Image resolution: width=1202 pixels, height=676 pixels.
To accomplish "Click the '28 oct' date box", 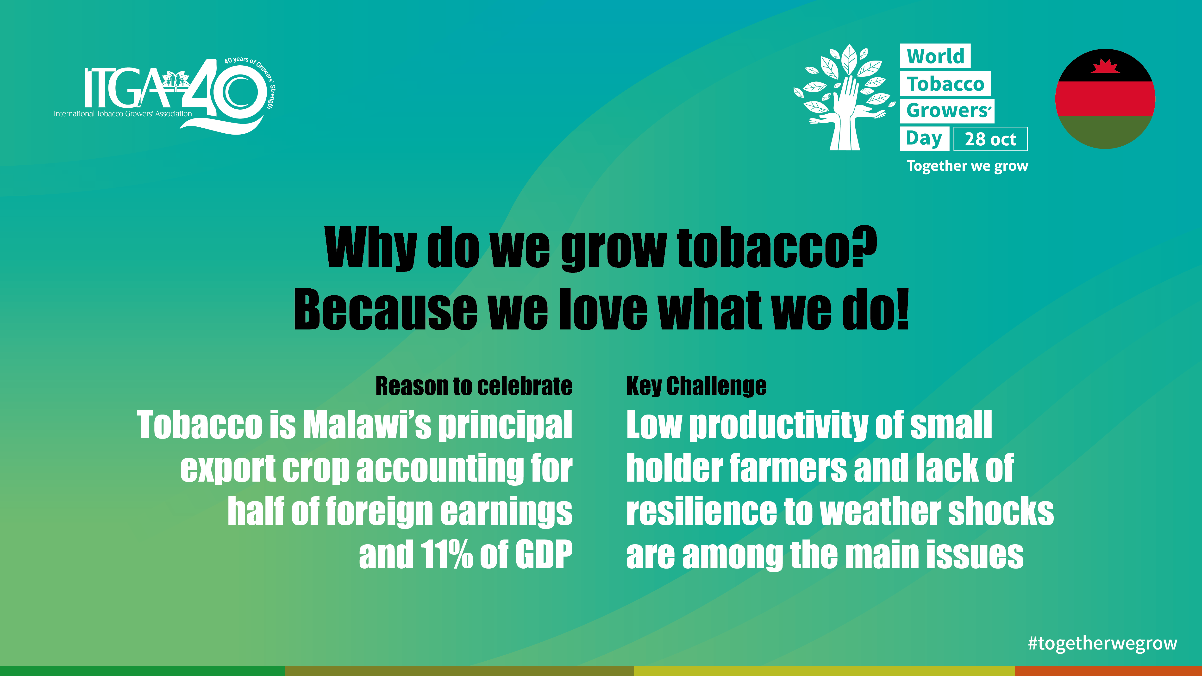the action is click(990, 139).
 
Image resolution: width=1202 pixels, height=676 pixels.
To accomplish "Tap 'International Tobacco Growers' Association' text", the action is click(123, 114).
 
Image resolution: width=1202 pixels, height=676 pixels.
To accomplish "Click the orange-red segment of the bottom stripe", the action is click(1108, 671).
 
